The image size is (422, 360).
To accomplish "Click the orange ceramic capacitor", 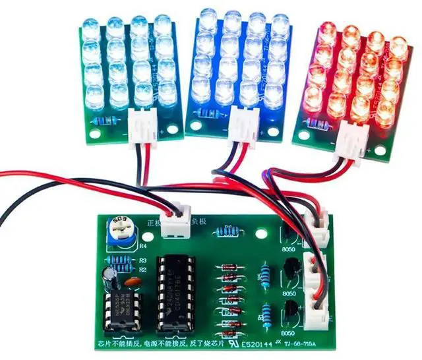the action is pyautogui.click(x=131, y=282).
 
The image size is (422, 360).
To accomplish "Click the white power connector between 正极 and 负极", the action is pyautogui.click(x=176, y=225).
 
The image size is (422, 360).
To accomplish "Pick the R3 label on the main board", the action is pyautogui.click(x=142, y=260).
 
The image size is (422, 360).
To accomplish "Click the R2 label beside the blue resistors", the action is pyautogui.click(x=142, y=269).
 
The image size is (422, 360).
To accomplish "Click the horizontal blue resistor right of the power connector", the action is pyautogui.click(x=228, y=231).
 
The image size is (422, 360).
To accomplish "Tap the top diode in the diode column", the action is pyautogui.click(x=229, y=267).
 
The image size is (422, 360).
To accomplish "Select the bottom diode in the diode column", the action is pyautogui.click(x=229, y=324).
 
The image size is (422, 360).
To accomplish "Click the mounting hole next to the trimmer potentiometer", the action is pyautogui.click(x=104, y=223).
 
